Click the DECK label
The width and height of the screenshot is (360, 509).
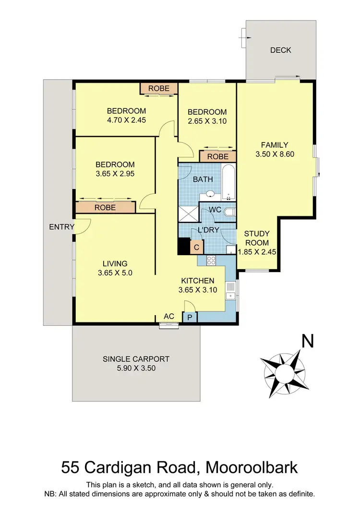[x=280, y=50]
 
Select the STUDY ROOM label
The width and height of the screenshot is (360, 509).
[x=257, y=238]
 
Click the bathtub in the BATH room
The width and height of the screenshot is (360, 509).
[x=229, y=182]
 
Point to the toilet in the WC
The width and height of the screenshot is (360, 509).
[x=230, y=212]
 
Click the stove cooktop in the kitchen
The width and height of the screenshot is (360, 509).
[x=211, y=260]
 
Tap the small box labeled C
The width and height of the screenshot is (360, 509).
[x=196, y=248]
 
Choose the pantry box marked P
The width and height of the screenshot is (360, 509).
[x=189, y=318]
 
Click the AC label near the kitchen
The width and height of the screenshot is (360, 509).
[x=169, y=316]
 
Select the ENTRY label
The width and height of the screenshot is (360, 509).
[x=61, y=227]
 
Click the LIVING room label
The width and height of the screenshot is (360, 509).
[x=115, y=263]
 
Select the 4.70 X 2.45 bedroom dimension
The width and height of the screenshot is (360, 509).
[x=126, y=121]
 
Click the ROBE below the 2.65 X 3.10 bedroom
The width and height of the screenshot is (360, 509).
[x=218, y=156]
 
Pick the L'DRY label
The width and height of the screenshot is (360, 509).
[x=208, y=230]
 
